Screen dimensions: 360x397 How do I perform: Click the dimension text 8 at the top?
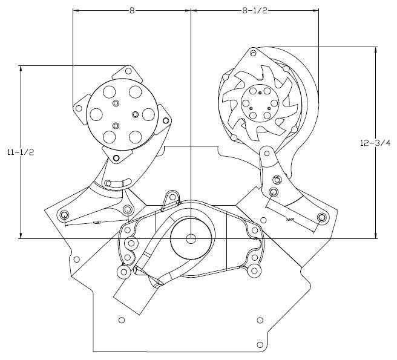131,10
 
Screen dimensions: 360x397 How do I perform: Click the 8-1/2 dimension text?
254,10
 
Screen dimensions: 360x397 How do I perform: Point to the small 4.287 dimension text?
97,223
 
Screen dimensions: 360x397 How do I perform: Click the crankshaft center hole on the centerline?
191,238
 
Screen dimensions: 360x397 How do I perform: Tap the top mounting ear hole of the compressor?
129,72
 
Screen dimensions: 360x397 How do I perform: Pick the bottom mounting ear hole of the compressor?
115,160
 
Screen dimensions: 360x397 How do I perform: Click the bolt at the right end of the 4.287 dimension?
127,209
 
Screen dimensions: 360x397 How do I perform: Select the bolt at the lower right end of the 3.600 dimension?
321,217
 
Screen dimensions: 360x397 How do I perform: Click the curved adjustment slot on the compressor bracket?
117,183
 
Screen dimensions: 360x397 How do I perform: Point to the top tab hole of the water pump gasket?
171,195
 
